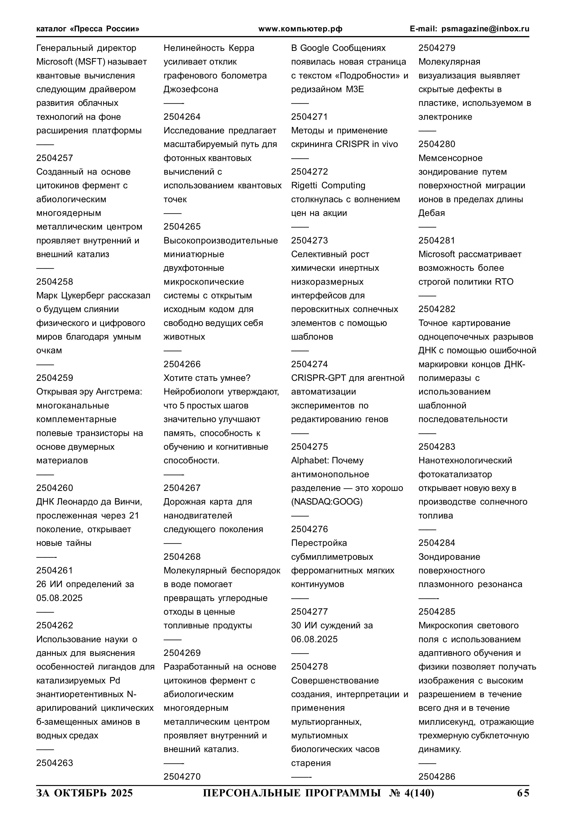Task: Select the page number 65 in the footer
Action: pos(523,793)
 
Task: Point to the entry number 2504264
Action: pos(182,117)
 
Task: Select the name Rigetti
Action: pos(305,185)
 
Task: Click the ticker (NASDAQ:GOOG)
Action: pos(327,502)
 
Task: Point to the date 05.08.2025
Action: pos(59,598)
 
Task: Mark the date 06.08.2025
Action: pos(314,639)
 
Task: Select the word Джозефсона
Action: pos(191,89)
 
